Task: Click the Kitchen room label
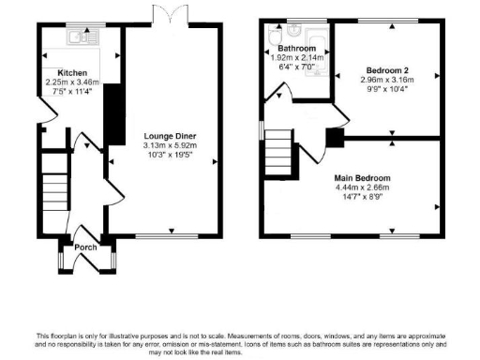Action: click(x=73, y=72)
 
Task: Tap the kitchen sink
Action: click(x=76, y=38)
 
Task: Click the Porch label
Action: click(x=87, y=247)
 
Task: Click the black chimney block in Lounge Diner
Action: click(x=110, y=112)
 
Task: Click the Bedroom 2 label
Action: click(x=385, y=71)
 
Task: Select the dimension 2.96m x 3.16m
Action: click(x=385, y=80)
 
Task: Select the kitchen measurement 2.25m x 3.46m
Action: click(x=73, y=82)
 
